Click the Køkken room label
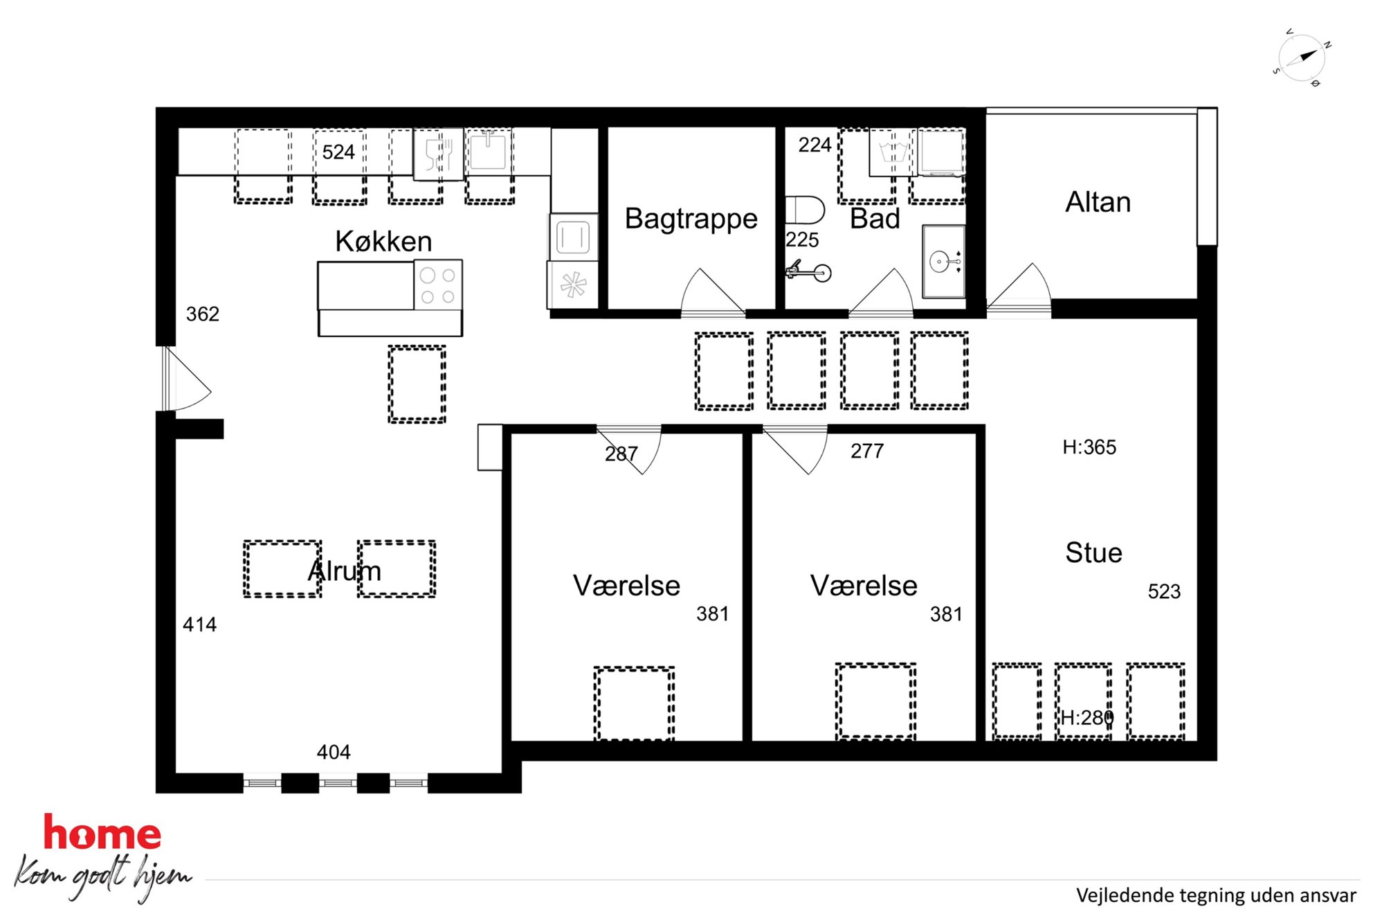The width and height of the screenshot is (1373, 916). [x=383, y=242]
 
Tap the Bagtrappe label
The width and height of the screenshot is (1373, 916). [x=691, y=219]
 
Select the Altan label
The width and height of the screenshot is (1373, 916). [x=1098, y=202]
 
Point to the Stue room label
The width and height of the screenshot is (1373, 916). [x=1093, y=553]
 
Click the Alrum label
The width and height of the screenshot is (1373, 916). [x=345, y=571]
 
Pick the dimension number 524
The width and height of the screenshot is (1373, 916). [x=338, y=152]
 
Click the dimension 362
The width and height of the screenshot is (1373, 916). [x=203, y=314]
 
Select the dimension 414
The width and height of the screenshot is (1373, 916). [x=199, y=625]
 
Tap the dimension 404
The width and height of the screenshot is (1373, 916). [x=334, y=752]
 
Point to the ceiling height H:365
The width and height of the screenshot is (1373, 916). [x=1089, y=447]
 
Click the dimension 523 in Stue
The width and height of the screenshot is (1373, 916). [x=1164, y=591]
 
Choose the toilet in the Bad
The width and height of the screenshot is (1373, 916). [x=805, y=210]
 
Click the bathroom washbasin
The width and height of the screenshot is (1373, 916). [x=944, y=261]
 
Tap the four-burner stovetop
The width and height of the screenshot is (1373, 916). [x=438, y=285]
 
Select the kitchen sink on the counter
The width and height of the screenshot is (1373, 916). [x=489, y=150]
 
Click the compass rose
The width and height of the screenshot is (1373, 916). [x=1302, y=58]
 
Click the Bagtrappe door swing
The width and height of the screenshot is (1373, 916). [x=713, y=291]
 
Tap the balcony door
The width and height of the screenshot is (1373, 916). [x=1019, y=289]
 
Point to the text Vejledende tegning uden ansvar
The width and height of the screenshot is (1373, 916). [x=1216, y=895]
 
